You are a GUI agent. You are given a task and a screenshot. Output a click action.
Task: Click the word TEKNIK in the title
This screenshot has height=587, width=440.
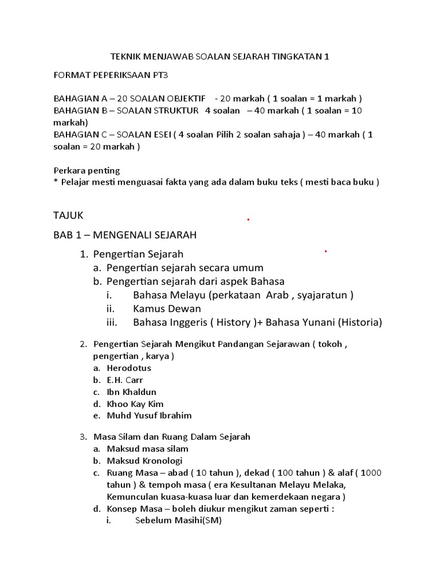tap(124, 57)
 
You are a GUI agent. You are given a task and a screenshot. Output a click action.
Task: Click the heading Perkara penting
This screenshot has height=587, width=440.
tap(87, 170)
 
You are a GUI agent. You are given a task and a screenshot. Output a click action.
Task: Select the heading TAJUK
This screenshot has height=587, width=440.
tap(68, 216)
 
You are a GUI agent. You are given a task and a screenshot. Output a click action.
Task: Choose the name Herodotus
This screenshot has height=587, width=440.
tap(129, 368)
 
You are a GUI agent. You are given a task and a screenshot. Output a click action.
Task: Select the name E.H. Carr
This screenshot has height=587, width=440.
tap(125, 380)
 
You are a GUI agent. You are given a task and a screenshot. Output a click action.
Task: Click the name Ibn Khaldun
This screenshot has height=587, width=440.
tap(131, 392)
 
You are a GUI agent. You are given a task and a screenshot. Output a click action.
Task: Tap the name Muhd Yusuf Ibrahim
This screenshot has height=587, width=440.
tap(149, 416)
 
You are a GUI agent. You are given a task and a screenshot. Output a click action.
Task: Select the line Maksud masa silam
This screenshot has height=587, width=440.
tap(147, 449)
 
